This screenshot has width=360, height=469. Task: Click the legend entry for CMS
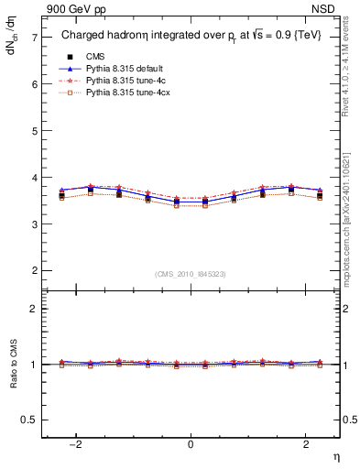(96, 56)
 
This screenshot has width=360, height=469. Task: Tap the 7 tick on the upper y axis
(34, 38)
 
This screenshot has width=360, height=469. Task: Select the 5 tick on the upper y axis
(34, 131)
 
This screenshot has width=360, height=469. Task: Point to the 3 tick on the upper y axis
(34, 224)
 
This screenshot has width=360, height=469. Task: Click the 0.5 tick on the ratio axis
(29, 420)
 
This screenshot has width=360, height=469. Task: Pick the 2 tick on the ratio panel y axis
(34, 309)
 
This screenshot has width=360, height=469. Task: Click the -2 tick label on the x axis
(77, 444)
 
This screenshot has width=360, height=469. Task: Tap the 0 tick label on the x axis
(191, 444)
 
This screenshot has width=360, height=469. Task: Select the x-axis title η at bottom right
(335, 457)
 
